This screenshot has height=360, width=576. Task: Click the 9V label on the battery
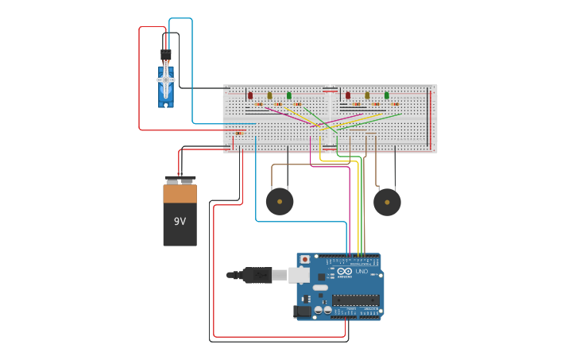click(180, 220)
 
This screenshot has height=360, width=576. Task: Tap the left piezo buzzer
click(279, 201)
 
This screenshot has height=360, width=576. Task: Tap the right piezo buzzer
click(387, 202)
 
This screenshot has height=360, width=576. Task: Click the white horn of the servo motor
click(166, 79)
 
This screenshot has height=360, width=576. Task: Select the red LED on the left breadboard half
click(250, 95)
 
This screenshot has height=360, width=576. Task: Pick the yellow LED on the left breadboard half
click(269, 95)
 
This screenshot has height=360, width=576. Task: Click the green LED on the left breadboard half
click(289, 95)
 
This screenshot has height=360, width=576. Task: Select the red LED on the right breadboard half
click(348, 95)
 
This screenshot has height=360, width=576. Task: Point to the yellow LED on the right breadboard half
click(367, 95)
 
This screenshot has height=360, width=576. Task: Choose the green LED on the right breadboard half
click(387, 95)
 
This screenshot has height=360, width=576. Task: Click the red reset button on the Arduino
click(304, 260)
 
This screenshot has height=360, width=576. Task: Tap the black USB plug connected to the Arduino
click(257, 275)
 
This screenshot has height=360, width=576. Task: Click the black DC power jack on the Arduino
click(302, 312)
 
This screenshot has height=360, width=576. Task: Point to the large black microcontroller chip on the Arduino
click(354, 300)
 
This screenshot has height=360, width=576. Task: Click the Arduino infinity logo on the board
click(344, 271)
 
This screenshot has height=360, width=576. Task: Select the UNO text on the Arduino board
click(361, 271)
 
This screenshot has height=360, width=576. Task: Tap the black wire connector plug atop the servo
click(166, 55)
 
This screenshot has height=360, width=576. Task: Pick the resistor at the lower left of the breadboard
click(238, 133)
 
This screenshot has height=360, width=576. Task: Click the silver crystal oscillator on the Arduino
click(320, 287)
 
